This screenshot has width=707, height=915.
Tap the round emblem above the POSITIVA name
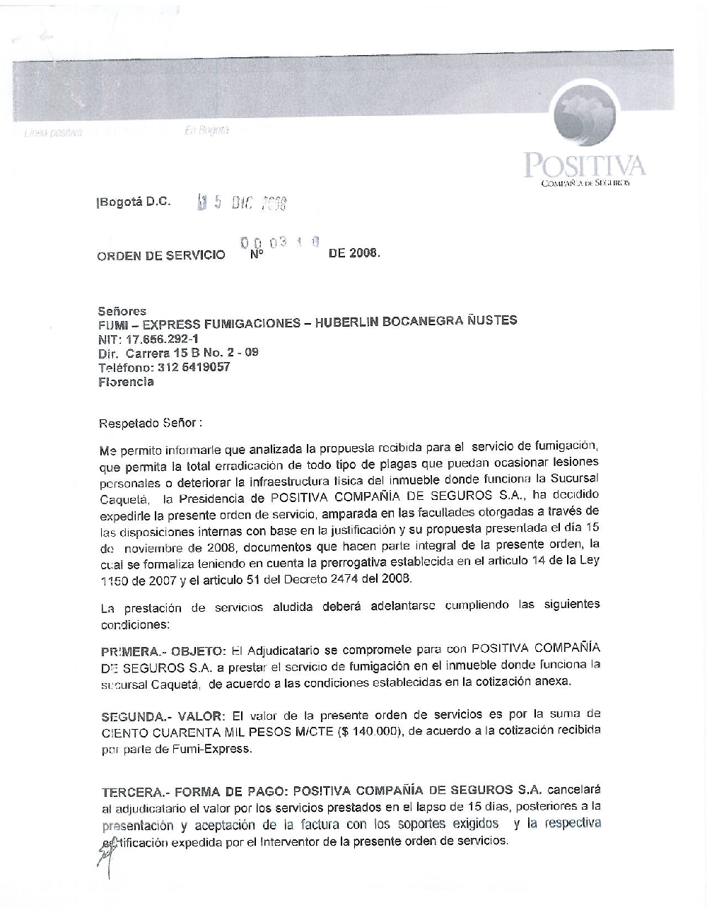(x=593, y=116)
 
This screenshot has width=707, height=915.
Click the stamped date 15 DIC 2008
(x=242, y=204)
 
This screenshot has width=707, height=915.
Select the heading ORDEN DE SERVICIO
(x=160, y=256)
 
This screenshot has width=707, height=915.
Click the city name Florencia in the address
(x=126, y=382)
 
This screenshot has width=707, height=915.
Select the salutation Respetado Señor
(x=150, y=424)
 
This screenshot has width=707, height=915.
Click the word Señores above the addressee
(x=122, y=310)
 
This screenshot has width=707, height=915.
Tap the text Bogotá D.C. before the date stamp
(x=134, y=202)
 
